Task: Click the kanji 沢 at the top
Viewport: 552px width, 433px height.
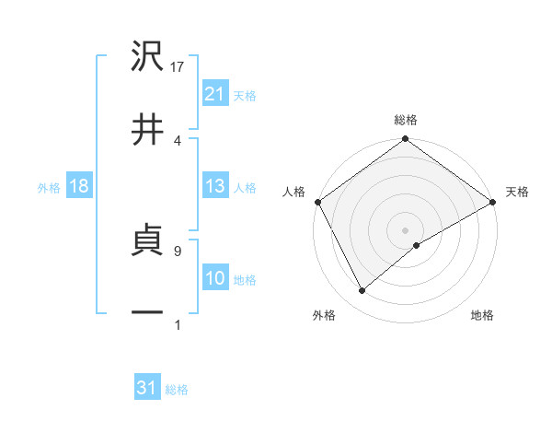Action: [148, 57]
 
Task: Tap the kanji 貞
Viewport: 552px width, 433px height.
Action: [148, 243]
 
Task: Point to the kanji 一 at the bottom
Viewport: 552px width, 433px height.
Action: [148, 313]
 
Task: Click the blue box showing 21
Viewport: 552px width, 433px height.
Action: [214, 93]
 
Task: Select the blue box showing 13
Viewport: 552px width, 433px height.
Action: [214, 186]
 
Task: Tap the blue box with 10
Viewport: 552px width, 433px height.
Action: [214, 278]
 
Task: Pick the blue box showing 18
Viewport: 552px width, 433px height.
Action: [78, 186]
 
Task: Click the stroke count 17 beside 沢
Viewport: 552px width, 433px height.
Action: [178, 67]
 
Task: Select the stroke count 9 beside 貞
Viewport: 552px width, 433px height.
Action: [177, 250]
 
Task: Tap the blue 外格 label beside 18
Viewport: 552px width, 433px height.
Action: [49, 187]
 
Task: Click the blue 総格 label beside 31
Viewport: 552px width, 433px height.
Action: [177, 390]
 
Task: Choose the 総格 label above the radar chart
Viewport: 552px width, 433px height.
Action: [406, 120]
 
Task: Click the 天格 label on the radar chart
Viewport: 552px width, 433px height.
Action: [518, 192]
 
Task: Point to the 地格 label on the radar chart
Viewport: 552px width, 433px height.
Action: [482, 315]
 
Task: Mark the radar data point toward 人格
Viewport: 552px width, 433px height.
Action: [317, 202]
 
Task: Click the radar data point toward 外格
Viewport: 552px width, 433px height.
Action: [362, 291]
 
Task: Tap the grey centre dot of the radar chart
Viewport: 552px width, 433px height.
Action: [405, 228]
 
